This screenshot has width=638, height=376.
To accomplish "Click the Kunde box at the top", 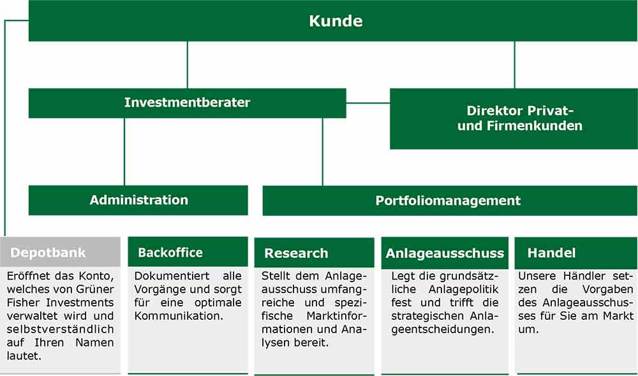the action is [333, 21].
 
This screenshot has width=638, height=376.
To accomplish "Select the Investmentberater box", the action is [187, 103].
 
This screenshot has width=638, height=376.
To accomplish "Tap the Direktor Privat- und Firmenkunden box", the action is [514, 118].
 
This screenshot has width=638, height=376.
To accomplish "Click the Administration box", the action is [138, 200].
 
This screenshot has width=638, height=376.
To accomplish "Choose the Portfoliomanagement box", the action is [450, 200].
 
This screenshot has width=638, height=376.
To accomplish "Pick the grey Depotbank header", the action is [60, 252].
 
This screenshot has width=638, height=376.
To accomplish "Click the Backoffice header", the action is [188, 252].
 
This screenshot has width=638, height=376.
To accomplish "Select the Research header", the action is [314, 253].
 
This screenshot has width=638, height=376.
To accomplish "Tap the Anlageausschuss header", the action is [445, 253].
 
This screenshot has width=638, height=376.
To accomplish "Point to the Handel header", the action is [576, 253].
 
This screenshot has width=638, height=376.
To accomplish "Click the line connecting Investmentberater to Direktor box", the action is [368, 103].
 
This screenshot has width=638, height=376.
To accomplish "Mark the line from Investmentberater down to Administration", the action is [124, 152].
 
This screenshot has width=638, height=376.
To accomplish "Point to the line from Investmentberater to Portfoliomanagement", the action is [323, 152].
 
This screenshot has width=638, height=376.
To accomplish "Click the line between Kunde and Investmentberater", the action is [187, 64].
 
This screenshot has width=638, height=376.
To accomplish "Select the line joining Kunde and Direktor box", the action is [514, 64].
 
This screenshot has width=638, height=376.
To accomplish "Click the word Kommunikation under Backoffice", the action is [179, 316].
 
